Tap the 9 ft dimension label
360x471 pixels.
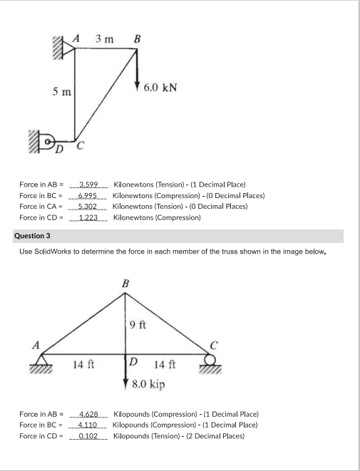point(138,326)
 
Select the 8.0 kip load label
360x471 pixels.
point(148,385)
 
